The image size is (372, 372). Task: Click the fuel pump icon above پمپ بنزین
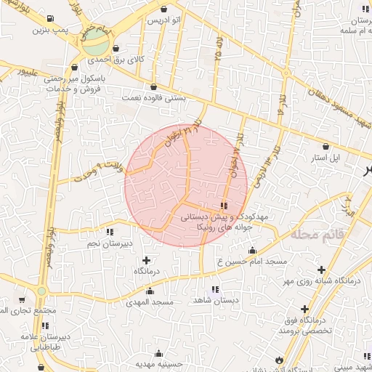click(x=49, y=19)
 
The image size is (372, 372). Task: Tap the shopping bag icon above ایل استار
click(x=336, y=146)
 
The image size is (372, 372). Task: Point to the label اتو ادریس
click(x=163, y=20)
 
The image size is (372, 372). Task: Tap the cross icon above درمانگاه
click(x=147, y=260)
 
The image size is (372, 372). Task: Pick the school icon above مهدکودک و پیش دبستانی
click(x=223, y=206)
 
